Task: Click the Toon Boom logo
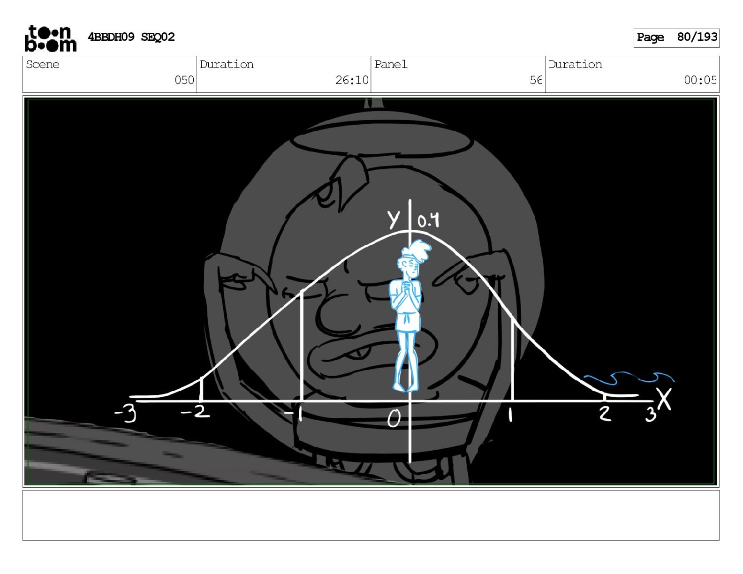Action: click(x=51, y=38)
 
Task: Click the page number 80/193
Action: click(x=697, y=37)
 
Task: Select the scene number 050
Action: click(x=184, y=80)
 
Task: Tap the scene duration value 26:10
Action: click(x=352, y=80)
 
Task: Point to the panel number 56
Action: click(x=536, y=80)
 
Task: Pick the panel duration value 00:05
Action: click(x=700, y=80)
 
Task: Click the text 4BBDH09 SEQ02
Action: click(x=131, y=37)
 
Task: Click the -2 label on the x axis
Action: click(x=195, y=412)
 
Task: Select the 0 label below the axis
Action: click(x=394, y=418)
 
